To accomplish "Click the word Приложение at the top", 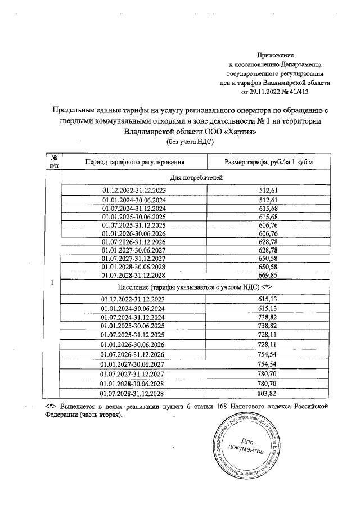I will click(x=276, y=55).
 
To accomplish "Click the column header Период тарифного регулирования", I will click(x=133, y=163).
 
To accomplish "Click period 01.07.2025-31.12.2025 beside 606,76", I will click(x=133, y=224).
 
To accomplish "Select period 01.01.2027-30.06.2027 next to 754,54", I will click(x=133, y=364).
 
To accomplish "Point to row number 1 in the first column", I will click(x=52, y=282).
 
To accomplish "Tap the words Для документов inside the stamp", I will click(x=245, y=446).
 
